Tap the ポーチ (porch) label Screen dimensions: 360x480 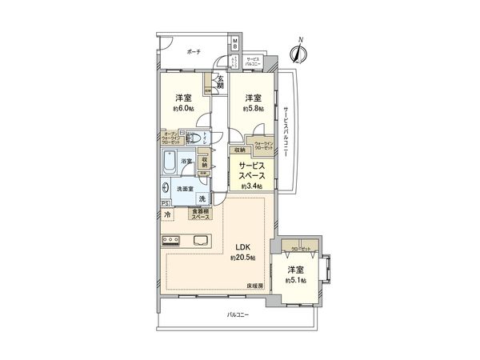[194, 50]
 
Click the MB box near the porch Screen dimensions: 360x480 [235, 44]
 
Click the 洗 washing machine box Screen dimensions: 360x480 [202, 198]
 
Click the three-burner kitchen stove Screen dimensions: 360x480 [172, 241]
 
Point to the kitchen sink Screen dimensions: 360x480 [199, 241]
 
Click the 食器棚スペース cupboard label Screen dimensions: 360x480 [199, 214]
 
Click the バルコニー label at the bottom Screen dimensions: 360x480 [238, 315]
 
